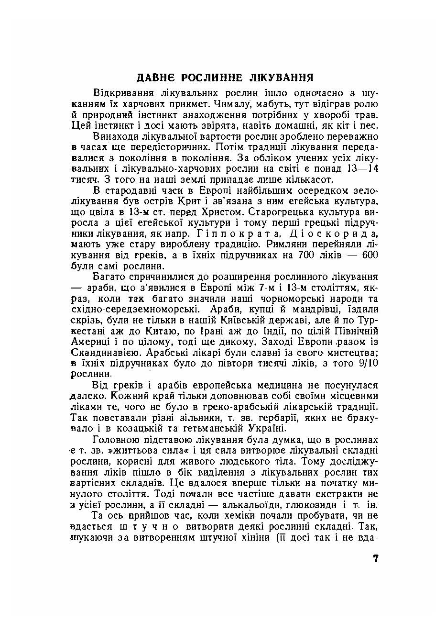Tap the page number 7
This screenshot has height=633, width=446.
click(x=376, y=558)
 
